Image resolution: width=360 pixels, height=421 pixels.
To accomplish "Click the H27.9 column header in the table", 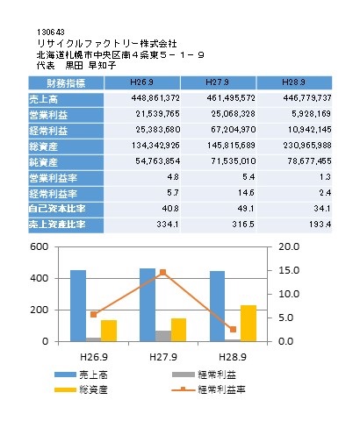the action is pos(218,82).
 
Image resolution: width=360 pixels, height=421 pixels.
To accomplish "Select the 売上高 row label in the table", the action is pos(43,100).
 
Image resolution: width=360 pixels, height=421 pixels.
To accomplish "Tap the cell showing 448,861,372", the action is pos(155,98).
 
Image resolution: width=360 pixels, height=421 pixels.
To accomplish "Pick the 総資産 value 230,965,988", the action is pos(307,146).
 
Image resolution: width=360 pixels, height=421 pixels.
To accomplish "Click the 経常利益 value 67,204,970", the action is pos(234,130).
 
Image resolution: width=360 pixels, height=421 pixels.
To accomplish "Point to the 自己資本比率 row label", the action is pos(57,209).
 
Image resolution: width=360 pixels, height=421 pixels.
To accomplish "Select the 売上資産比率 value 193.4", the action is pos(320,225).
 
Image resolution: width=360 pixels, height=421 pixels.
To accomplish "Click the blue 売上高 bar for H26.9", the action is pos(78,306).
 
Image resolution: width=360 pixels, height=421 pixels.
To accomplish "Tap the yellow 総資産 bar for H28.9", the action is pos(248,324).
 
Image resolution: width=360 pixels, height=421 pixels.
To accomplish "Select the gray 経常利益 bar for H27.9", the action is pos(163,336).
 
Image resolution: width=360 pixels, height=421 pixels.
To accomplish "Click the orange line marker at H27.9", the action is pos(163,273).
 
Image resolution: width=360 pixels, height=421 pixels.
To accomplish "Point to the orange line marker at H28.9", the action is pos(233,330).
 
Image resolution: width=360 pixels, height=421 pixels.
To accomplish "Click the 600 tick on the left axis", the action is pos(40,247).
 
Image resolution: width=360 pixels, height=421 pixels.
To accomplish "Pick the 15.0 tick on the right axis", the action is pos(289,270).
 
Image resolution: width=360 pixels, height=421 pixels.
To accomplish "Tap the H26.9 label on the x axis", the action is pos(94,357).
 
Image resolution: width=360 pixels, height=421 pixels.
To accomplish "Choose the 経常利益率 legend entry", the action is pos(208,389).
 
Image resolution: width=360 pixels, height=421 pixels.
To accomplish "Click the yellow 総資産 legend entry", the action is pos(81,389).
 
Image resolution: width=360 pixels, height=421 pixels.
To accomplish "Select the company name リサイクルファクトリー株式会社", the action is pos(107,44).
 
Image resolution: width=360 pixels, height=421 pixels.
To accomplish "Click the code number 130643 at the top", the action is pos(51,32).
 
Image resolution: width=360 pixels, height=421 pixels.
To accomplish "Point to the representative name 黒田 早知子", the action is pos(90,65).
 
